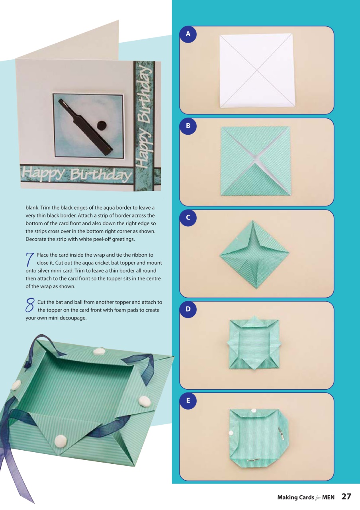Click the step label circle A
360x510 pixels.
pyautogui.click(x=188, y=35)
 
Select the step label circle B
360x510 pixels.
pyautogui.click(x=188, y=126)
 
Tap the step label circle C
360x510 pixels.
pyautogui.click(x=188, y=218)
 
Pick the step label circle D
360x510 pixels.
pyautogui.click(x=188, y=310)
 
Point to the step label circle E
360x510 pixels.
pyautogui.click(x=188, y=401)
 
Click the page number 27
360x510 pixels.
pyautogui.click(x=346, y=496)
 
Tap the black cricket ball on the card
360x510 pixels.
pyautogui.click(x=102, y=125)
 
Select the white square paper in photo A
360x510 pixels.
pyautogui.click(x=257, y=71)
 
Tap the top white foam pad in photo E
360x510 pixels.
pyautogui.click(x=253, y=410)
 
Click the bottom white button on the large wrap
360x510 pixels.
pyautogui.click(x=60, y=440)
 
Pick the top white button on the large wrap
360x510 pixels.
pyautogui.click(x=98, y=352)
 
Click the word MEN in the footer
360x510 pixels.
pyautogui.click(x=328, y=497)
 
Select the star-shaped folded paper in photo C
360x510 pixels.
pyautogui.click(x=254, y=254)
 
